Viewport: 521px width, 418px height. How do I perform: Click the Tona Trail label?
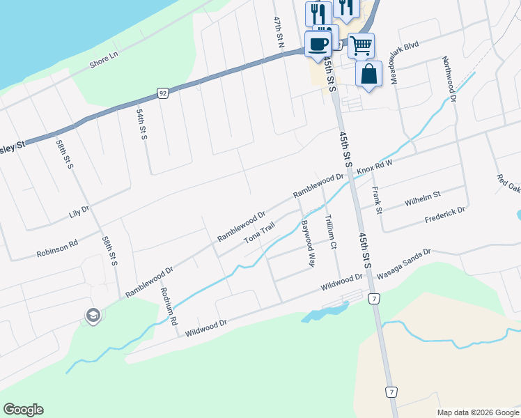pyautogui.click(x=260, y=233)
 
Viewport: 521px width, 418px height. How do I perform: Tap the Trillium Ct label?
pyautogui.click(x=330, y=231)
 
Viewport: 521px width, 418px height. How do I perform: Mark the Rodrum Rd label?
pyautogui.click(x=169, y=306)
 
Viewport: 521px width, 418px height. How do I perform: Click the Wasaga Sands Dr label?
pyautogui.click(x=405, y=265)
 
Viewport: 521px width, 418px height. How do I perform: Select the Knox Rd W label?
pyautogui.click(x=375, y=167)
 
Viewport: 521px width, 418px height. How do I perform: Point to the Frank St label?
pyautogui.click(x=377, y=200)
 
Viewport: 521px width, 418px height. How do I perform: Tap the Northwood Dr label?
pyautogui.click(x=449, y=79)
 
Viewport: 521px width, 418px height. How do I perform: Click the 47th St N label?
pyautogui.click(x=279, y=33)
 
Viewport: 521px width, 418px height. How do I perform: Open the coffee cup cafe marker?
pyautogui.click(x=318, y=44)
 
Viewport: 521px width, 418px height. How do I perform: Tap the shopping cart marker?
pyautogui.click(x=361, y=46)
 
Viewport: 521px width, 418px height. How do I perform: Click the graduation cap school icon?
pyautogui.click(x=93, y=316)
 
